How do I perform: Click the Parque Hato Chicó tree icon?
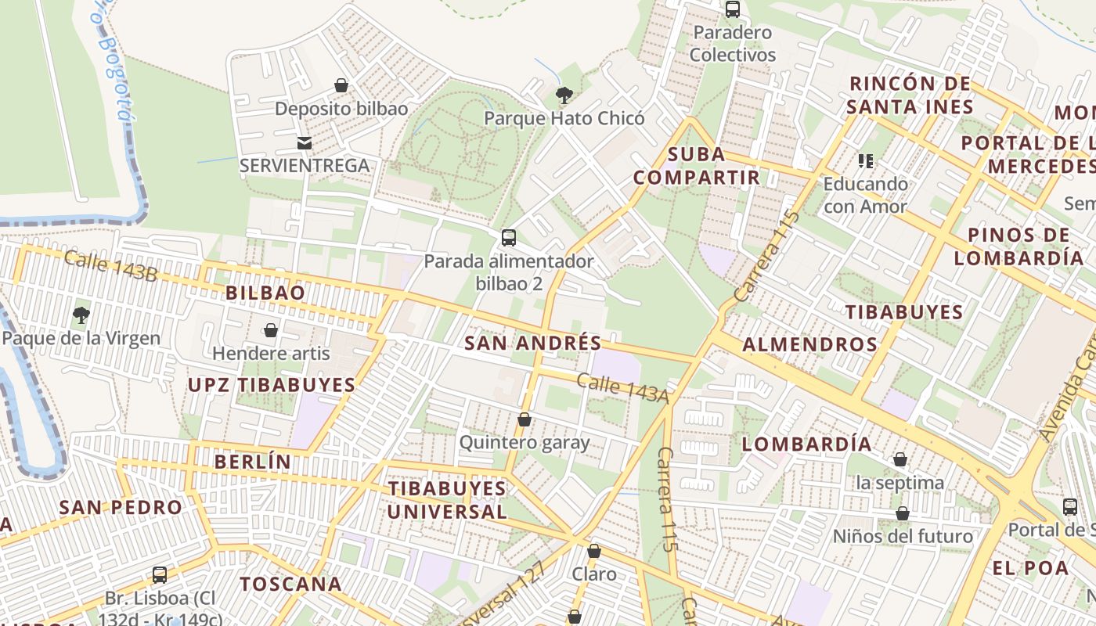pyautogui.click(x=564, y=95)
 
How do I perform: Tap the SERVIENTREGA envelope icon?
pyautogui.click(x=304, y=142)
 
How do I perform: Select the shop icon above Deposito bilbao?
pyautogui.click(x=341, y=85)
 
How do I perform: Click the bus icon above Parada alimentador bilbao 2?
pyautogui.click(x=509, y=237)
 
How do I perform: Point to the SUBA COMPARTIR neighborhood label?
pyautogui.click(x=697, y=165)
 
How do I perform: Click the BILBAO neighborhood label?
pyautogui.click(x=265, y=293)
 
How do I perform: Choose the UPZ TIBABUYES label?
pyautogui.click(x=272, y=385)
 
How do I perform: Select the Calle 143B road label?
pyautogui.click(x=110, y=266)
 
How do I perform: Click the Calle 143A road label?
pyautogui.click(x=623, y=388)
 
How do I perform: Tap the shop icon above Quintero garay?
pyautogui.click(x=525, y=420)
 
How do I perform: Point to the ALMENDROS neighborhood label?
pyautogui.click(x=809, y=344)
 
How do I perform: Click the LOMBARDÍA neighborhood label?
pyautogui.click(x=806, y=444)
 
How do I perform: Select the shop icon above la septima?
pyautogui.click(x=900, y=459)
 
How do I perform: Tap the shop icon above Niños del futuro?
pyautogui.click(x=903, y=513)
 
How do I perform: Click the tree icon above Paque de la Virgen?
pyautogui.click(x=81, y=315)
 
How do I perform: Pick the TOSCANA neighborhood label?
pyautogui.click(x=290, y=584)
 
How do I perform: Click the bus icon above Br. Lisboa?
pyautogui.click(x=160, y=575)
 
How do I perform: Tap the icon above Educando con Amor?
pyautogui.click(x=865, y=161)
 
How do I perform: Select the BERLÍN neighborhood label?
pyautogui.click(x=252, y=462)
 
